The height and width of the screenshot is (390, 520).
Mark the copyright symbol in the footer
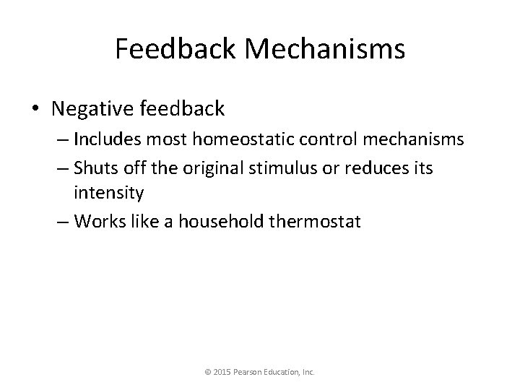(208, 373)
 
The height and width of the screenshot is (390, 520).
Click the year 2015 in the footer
(222, 373)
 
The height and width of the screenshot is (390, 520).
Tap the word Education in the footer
(287, 373)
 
